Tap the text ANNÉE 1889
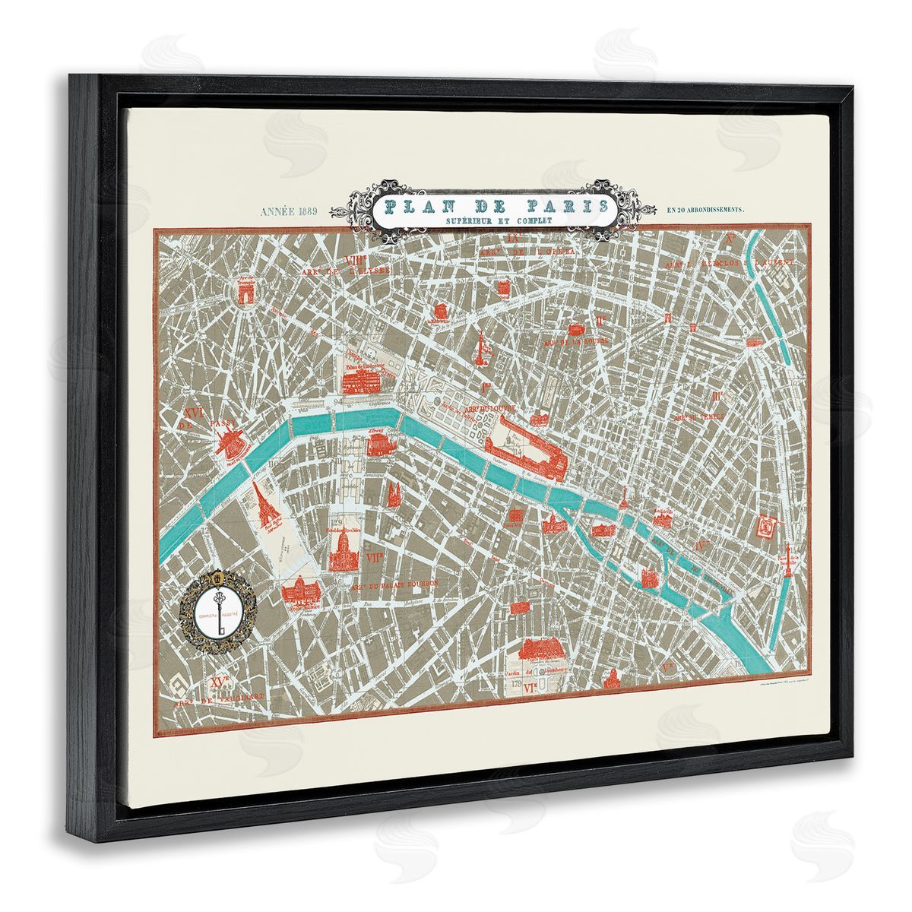[x=293, y=211]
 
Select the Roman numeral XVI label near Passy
[x=192, y=414]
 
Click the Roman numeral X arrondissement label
[x=730, y=239]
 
